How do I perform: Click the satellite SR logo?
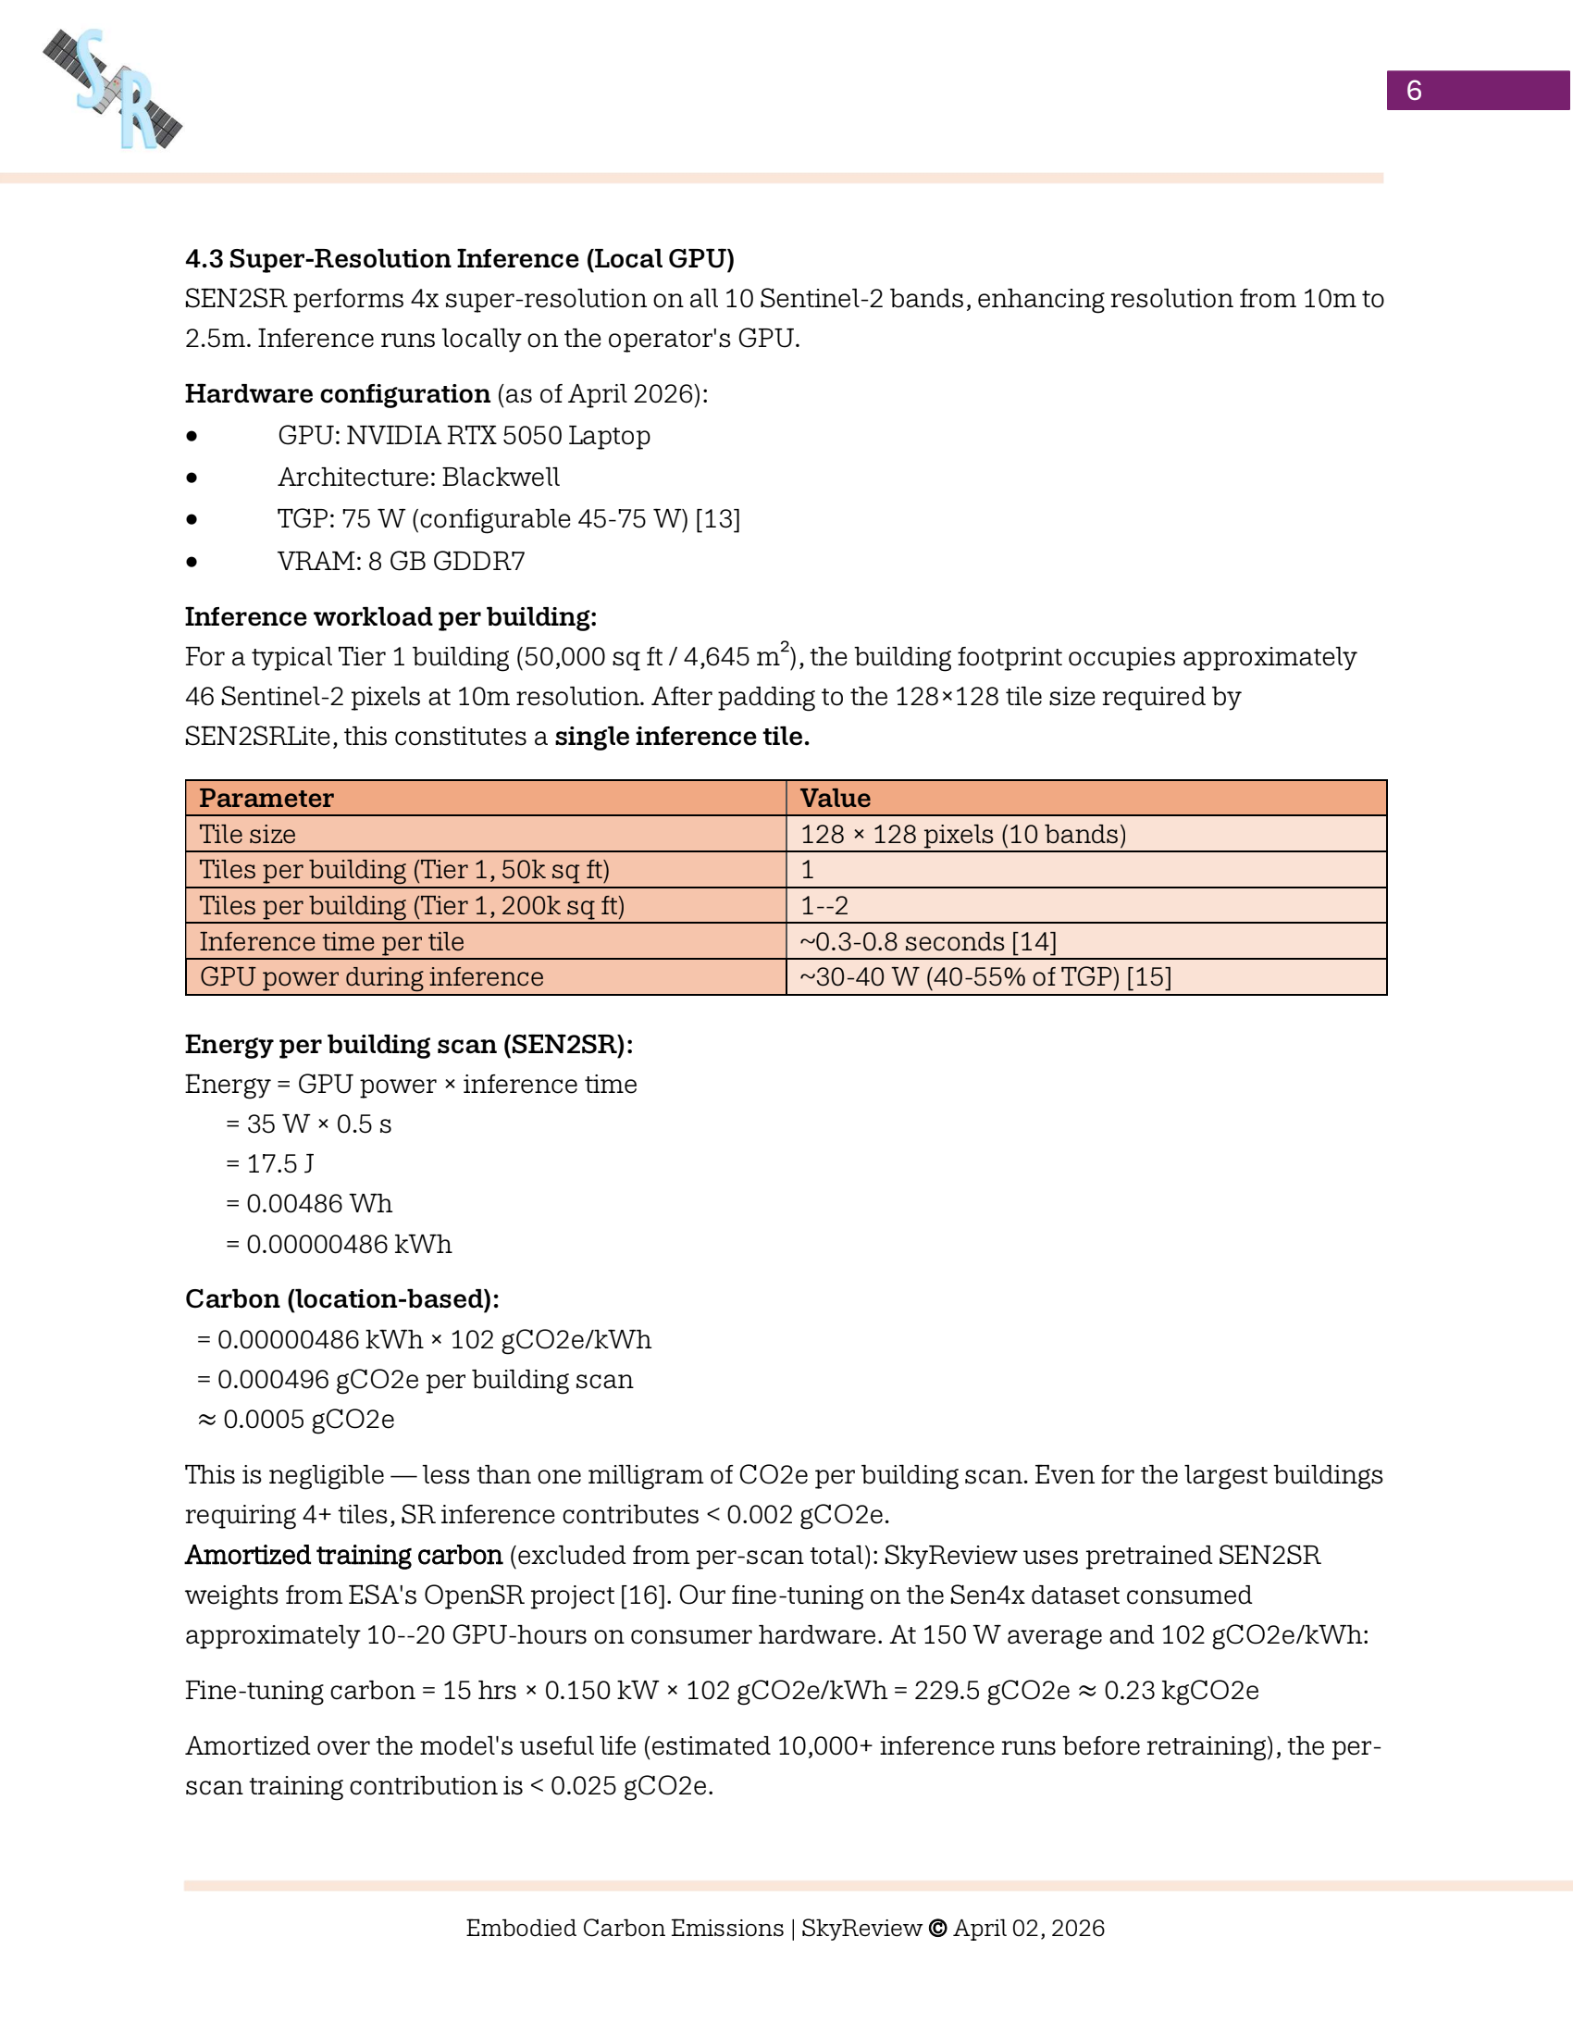point(113,90)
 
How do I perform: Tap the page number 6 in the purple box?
point(1413,91)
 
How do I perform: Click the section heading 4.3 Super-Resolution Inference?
point(460,258)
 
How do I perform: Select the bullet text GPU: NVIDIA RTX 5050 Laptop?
point(464,435)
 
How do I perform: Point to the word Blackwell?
point(501,478)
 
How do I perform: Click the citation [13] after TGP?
point(717,519)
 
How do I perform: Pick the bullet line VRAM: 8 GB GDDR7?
point(401,561)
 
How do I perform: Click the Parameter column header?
point(266,798)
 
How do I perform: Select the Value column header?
point(835,798)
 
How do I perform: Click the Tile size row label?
point(248,835)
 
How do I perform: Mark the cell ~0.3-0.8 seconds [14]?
point(927,941)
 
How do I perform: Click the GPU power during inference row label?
point(371,977)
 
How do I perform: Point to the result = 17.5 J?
point(270,1163)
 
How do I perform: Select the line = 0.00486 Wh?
point(309,1203)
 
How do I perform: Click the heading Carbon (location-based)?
point(342,1298)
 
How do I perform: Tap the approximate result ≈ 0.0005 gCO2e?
point(296,1419)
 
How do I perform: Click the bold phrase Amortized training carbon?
point(343,1555)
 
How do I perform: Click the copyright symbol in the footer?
point(937,1928)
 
